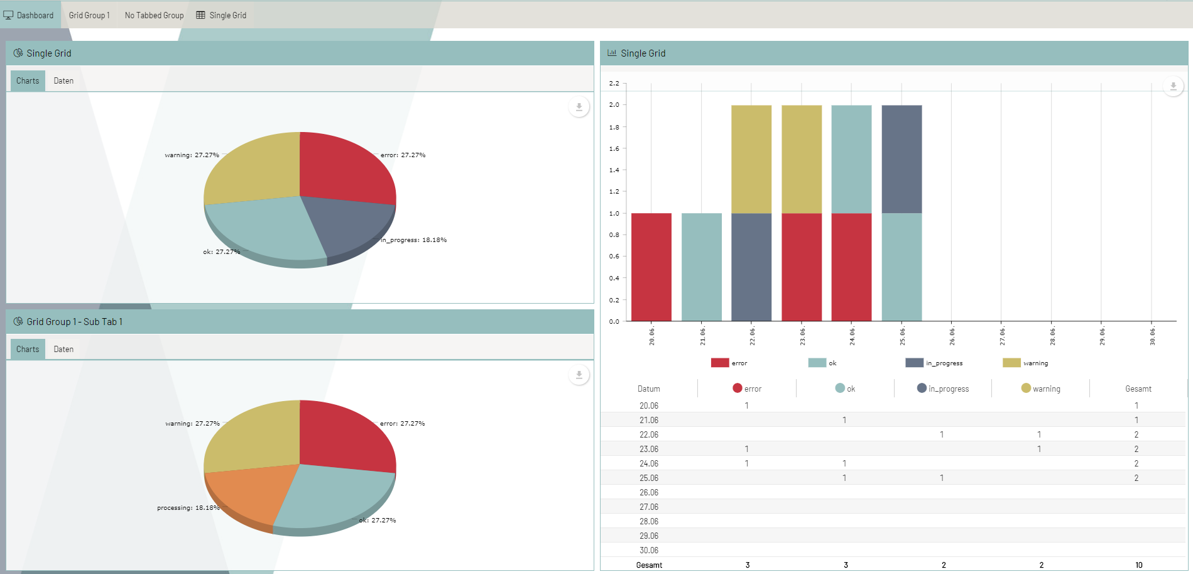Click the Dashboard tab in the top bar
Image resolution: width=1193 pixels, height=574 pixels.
(x=30, y=15)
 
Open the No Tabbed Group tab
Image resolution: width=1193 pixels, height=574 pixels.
(x=154, y=15)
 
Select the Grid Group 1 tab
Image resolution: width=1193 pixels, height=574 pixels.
(x=89, y=15)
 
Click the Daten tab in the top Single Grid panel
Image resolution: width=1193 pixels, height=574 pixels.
(x=63, y=80)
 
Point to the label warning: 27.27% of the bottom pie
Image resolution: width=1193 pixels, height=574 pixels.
(x=192, y=424)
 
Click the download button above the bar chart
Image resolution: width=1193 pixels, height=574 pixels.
(x=1173, y=86)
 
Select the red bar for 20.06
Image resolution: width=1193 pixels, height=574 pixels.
(x=651, y=267)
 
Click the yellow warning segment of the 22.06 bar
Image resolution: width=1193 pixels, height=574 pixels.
(x=751, y=159)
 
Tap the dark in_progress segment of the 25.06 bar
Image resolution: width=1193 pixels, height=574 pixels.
(x=902, y=159)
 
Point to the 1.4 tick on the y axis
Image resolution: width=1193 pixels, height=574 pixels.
(x=614, y=170)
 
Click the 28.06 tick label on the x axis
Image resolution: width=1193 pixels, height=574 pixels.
(x=1052, y=336)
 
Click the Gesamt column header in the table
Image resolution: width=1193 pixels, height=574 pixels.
(x=1138, y=389)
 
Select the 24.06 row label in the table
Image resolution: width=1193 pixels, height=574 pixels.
(x=649, y=463)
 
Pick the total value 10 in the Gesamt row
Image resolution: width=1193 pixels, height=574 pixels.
(x=1138, y=565)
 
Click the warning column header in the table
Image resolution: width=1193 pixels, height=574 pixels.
(x=1041, y=389)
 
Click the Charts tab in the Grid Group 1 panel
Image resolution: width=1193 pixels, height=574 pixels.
(x=28, y=349)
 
